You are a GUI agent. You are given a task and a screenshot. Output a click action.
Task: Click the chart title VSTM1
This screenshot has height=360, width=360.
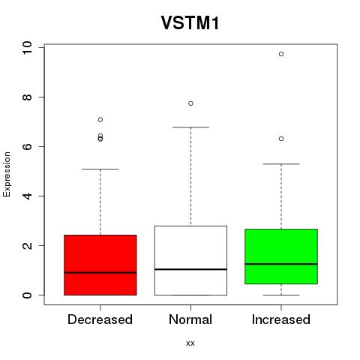coord(190,22)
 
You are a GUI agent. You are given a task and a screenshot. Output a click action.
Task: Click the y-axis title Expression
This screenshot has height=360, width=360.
coord(7,174)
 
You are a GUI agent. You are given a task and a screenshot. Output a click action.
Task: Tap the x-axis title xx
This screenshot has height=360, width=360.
coord(190,343)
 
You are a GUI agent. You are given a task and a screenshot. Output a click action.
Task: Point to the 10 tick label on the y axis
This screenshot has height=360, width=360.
coord(27,47)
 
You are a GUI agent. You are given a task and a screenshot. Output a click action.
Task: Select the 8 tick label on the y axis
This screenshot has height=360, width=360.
coord(27,97)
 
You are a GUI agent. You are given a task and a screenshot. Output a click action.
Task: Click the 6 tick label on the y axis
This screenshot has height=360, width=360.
coord(27,146)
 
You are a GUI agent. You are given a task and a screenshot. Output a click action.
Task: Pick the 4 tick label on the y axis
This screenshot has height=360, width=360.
coord(27,196)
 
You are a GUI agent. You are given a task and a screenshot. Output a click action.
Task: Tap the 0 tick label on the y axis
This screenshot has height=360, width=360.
coord(27,295)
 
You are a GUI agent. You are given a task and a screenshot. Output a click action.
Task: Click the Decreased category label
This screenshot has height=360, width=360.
coord(100,319)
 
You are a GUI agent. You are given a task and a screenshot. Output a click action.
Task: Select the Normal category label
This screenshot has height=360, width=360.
coord(190,319)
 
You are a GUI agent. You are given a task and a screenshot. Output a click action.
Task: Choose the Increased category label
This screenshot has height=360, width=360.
coord(281,319)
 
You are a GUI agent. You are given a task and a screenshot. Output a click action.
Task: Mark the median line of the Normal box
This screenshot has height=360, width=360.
coord(190,269)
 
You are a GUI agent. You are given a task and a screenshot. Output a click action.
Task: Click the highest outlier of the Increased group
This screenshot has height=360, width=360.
coord(281,54)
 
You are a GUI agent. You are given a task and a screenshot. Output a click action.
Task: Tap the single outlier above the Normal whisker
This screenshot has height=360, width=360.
coord(190,103)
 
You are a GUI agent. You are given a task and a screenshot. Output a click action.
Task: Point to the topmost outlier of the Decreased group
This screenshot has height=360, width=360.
coord(100,120)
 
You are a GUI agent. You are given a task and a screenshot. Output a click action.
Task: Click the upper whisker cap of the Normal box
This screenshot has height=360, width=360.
coord(190,127)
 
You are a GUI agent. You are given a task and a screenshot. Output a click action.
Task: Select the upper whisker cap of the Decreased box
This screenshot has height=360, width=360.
coord(100,169)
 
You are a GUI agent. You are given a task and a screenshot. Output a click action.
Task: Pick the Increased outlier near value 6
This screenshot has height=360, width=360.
coord(281,139)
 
